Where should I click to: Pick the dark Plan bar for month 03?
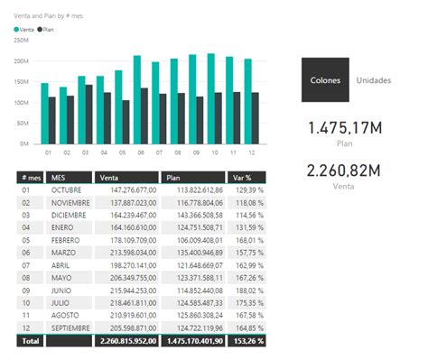(x=88, y=114)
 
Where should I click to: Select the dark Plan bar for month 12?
(x=256, y=117)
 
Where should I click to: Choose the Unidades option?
(x=373, y=80)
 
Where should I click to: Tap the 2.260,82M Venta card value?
(x=342, y=171)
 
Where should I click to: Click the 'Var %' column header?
(x=242, y=178)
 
